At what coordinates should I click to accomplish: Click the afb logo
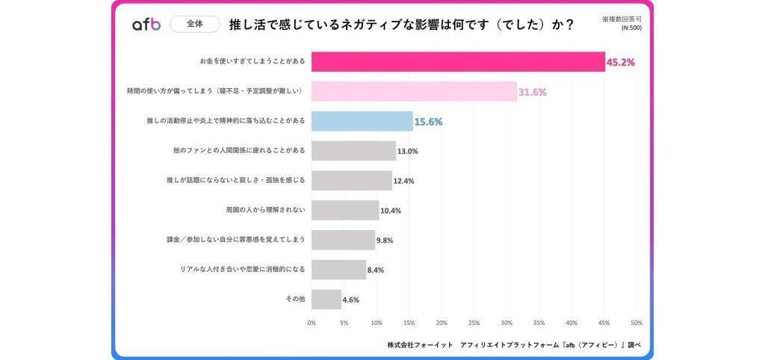tap(146, 25)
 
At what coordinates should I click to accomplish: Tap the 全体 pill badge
tap(194, 24)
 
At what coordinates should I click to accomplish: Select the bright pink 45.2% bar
tap(457, 61)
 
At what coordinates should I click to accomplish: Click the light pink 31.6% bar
tap(413, 91)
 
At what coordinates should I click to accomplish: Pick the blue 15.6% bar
tap(362, 121)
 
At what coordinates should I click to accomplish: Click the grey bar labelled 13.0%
tap(353, 151)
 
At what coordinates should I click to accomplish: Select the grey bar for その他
tap(326, 300)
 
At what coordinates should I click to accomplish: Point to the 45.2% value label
tap(620, 63)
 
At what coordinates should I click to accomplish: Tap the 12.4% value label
tap(404, 181)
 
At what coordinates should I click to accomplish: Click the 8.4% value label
tap(376, 270)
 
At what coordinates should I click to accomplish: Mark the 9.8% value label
tap(385, 240)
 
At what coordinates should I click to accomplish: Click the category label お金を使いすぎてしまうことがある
tap(253, 61)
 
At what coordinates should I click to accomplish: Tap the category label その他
tap(295, 300)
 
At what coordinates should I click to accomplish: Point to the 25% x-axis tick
tap(474, 323)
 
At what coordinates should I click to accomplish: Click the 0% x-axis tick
tap(312, 323)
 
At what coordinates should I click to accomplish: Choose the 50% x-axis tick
tap(636, 323)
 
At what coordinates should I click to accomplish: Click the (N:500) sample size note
tap(631, 28)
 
